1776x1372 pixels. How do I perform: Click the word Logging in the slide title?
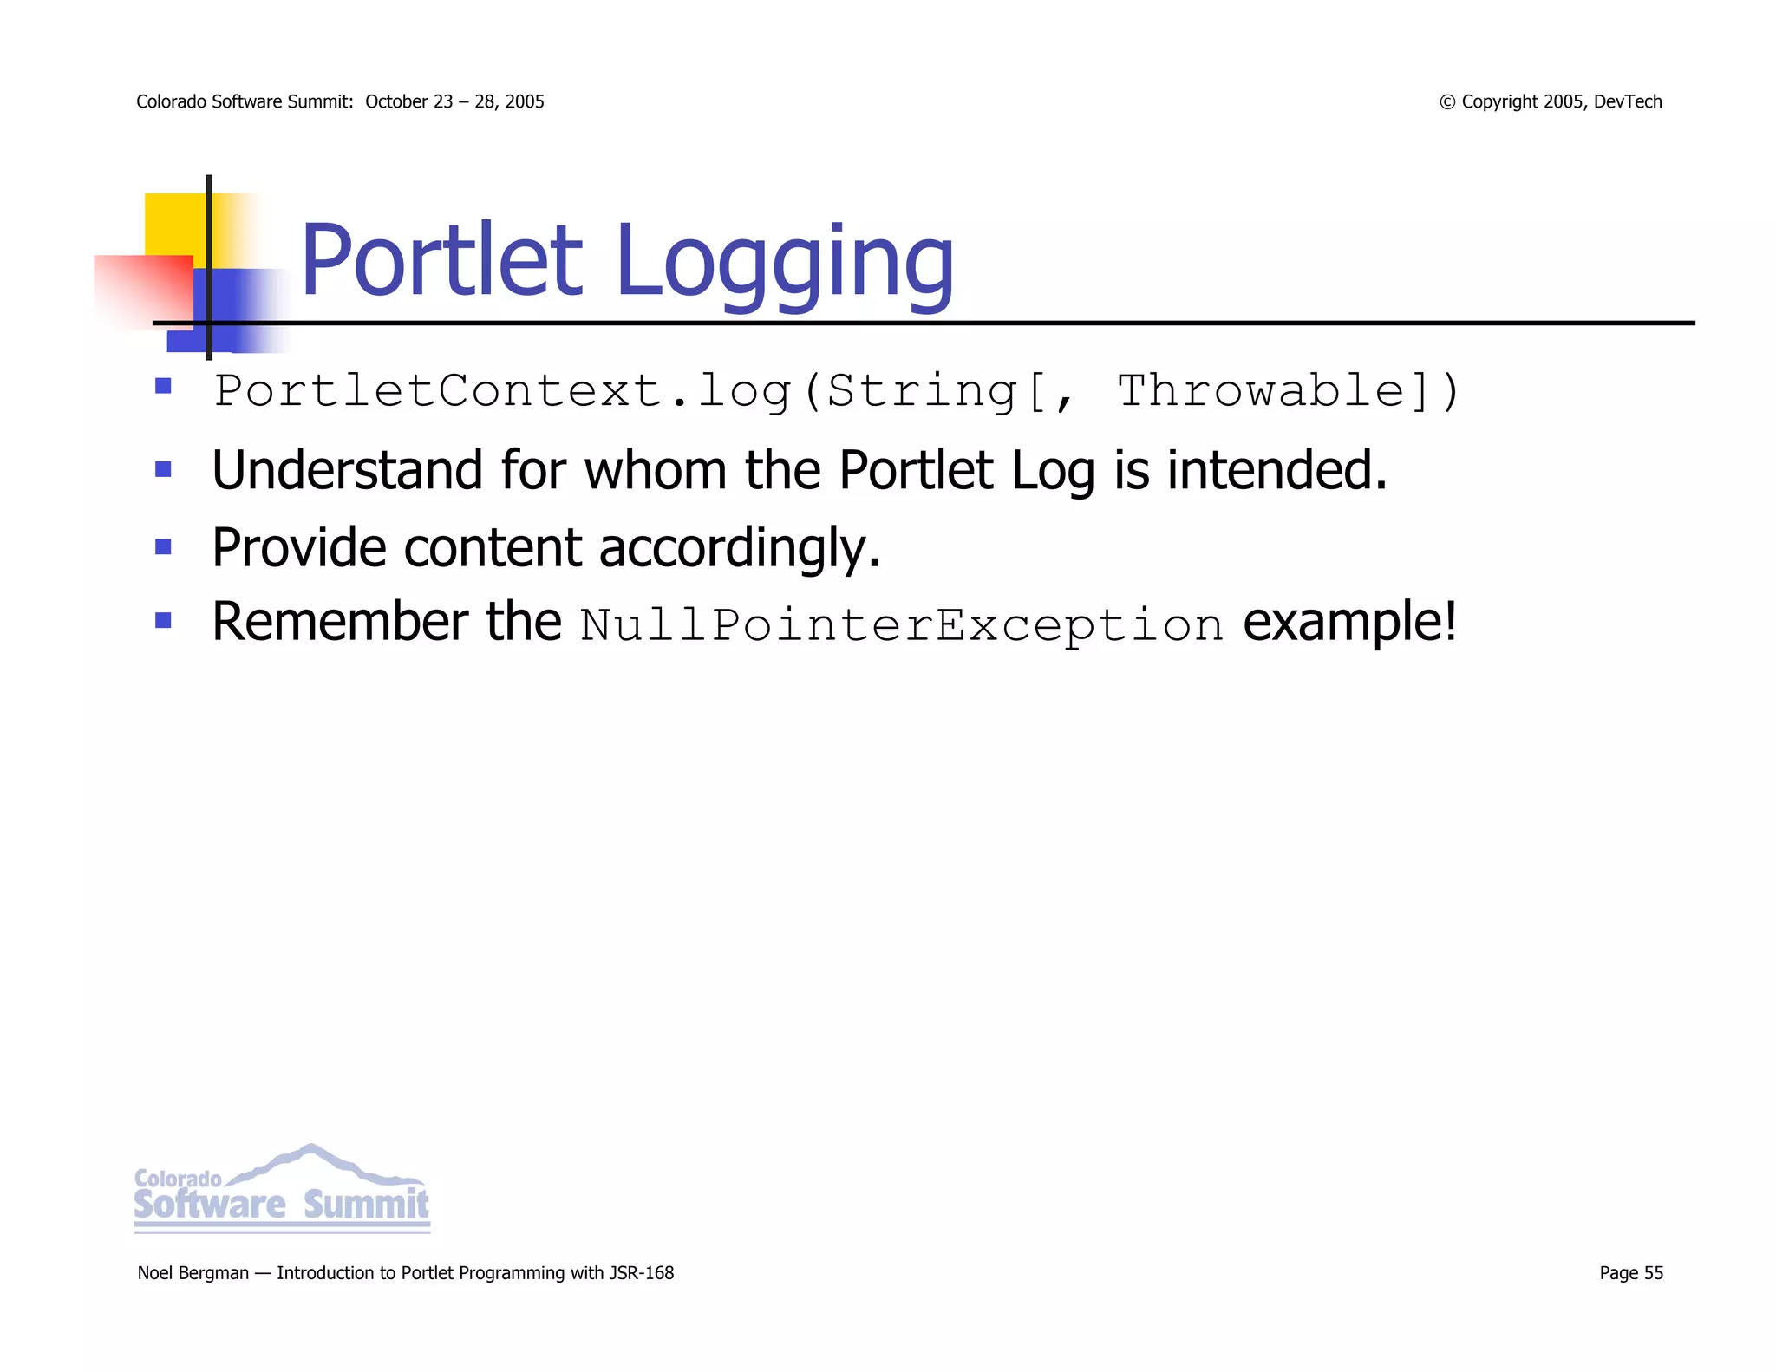point(785,262)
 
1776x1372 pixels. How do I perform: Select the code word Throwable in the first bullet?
point(1260,391)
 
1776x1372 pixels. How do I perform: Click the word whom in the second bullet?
point(655,470)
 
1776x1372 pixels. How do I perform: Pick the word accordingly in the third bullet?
point(739,548)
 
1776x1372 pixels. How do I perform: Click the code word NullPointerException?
point(902,625)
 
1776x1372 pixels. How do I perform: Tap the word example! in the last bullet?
point(1350,623)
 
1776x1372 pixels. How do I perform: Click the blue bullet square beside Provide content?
point(163,546)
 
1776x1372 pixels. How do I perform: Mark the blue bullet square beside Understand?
point(163,470)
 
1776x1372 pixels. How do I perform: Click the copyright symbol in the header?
point(1446,102)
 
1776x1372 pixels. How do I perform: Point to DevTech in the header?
point(1628,101)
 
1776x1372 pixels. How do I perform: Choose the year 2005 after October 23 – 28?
point(524,101)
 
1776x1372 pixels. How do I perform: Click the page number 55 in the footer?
point(1653,1272)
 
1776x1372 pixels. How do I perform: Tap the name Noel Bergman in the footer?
point(193,1272)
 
